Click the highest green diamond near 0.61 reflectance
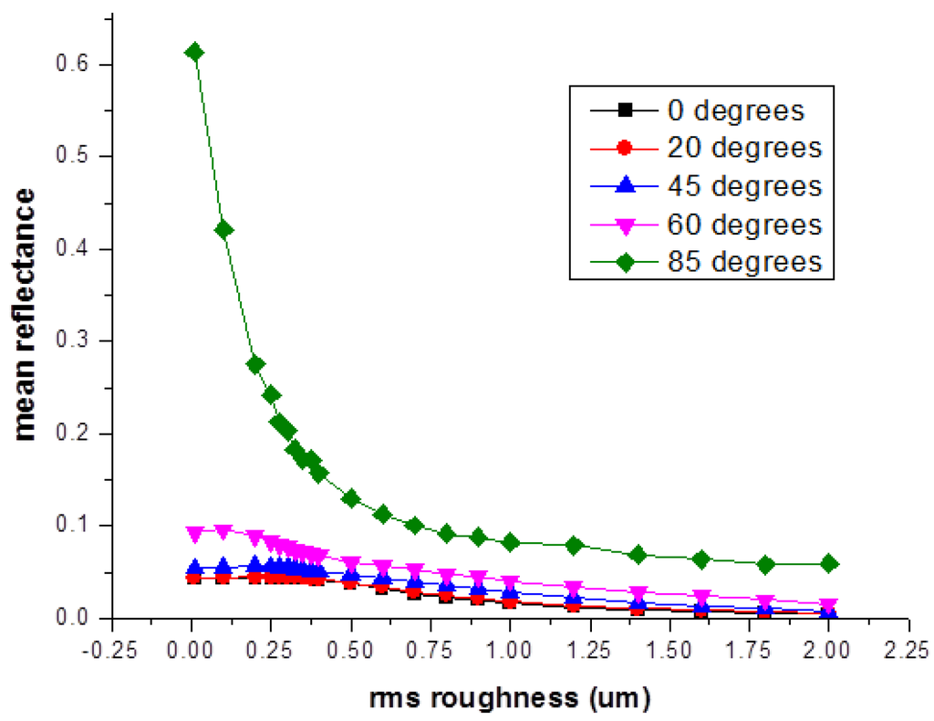[194, 52]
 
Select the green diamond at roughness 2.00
[829, 563]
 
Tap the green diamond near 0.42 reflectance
[224, 230]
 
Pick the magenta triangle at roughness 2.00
[828, 605]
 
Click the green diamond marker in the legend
[625, 261]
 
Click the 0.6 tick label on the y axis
[79, 65]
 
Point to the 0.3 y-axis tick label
[79, 341]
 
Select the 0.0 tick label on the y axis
[79, 618]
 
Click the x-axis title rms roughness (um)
[510, 698]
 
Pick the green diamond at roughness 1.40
[638, 555]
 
